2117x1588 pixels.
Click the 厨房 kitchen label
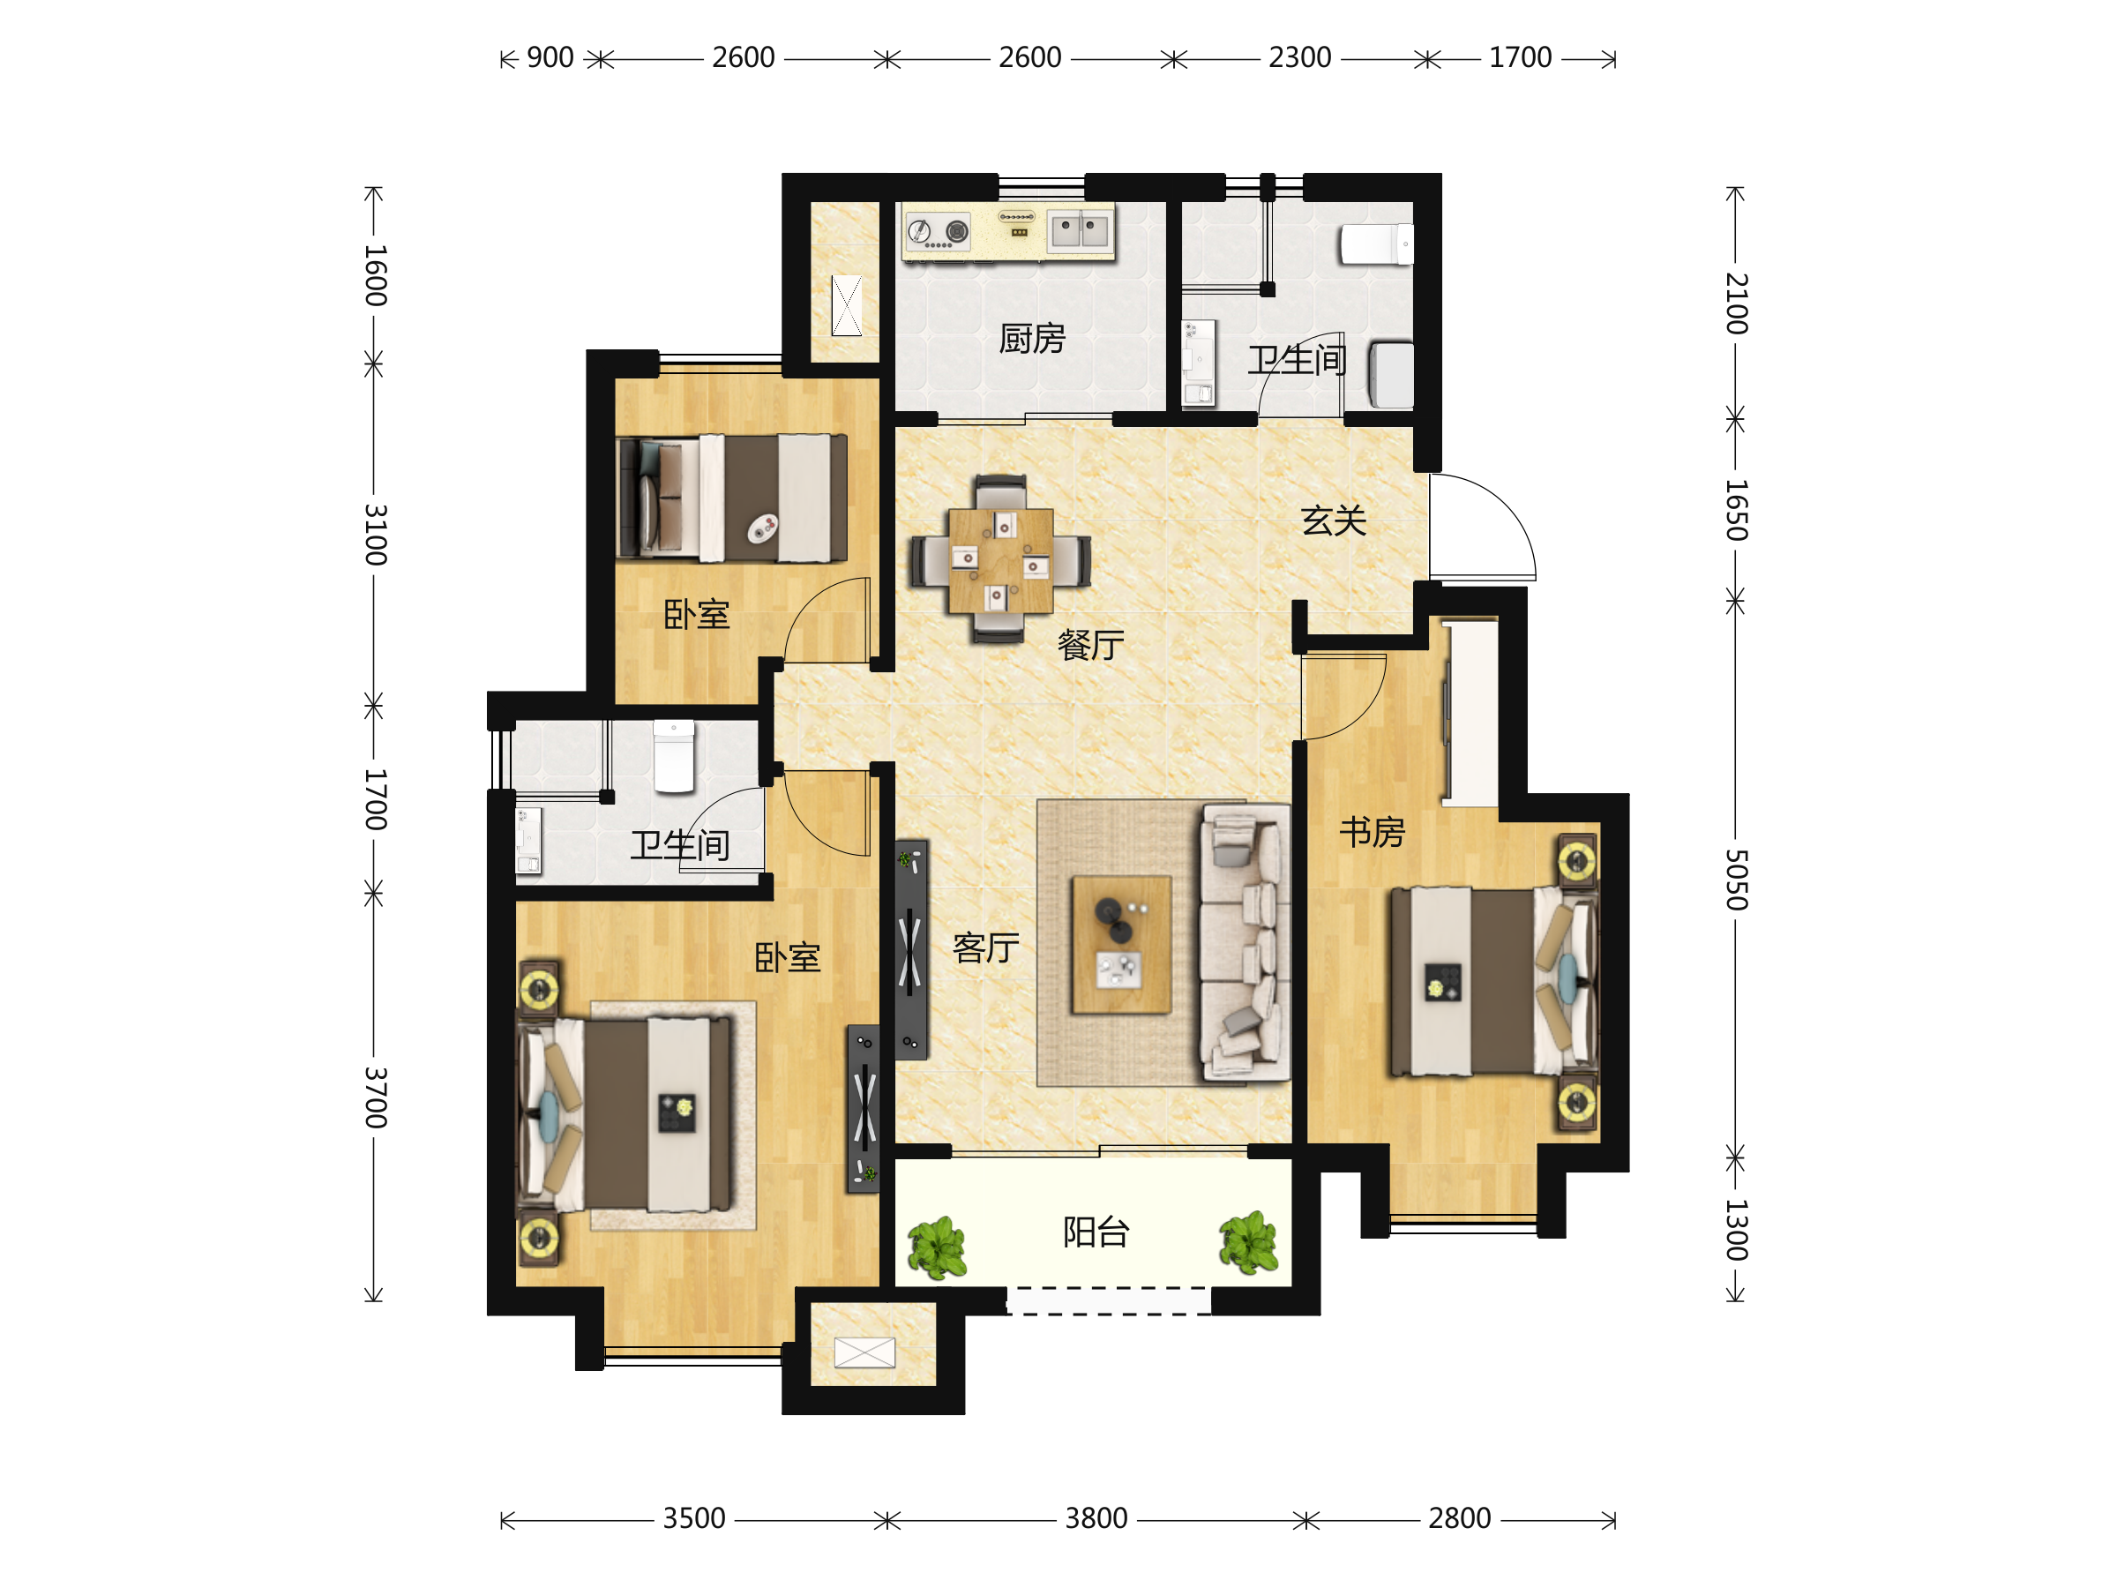[x=1032, y=339]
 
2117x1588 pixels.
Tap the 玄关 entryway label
[x=1333, y=521]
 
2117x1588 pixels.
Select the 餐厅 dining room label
[x=1090, y=645]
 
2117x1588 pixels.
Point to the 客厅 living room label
[x=986, y=948]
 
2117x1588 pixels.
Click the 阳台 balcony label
[x=1096, y=1232]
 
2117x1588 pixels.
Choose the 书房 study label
[x=1372, y=832]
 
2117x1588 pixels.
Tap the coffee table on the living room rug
[x=1122, y=944]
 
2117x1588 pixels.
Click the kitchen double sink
[x=1080, y=229]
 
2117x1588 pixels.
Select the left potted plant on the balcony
[x=937, y=1247]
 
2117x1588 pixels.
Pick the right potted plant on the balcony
[x=1248, y=1243]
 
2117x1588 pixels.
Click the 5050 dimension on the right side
[x=1736, y=880]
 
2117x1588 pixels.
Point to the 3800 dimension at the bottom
[x=1096, y=1518]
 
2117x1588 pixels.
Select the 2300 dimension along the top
[x=1299, y=57]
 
